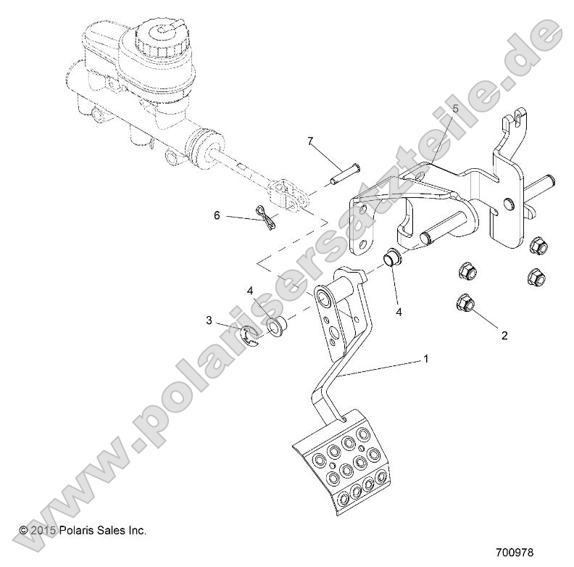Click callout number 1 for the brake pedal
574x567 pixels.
[426, 359]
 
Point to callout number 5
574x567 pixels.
[455, 109]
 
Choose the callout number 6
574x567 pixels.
[216, 215]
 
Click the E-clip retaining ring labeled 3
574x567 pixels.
[249, 335]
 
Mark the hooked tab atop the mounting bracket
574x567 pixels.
[516, 123]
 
